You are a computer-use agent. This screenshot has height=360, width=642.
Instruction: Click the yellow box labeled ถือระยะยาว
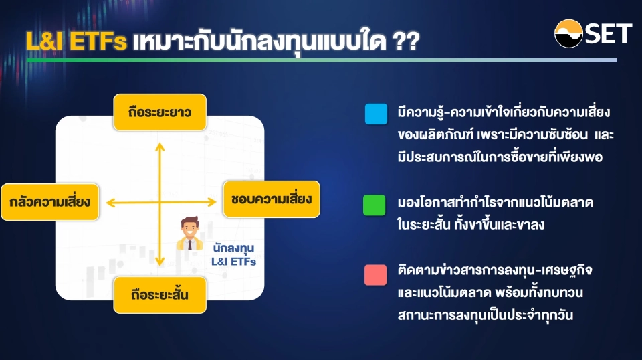click(160, 112)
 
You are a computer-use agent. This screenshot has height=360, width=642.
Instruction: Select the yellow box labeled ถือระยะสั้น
click(160, 294)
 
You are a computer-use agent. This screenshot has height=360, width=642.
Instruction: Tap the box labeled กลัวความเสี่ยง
click(49, 201)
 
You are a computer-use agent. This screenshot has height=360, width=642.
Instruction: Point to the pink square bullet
click(376, 275)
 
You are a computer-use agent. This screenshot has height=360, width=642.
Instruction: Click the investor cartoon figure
click(190, 234)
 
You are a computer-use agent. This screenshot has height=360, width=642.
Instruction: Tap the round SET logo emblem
click(568, 33)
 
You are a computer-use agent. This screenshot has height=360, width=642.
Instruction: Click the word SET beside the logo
click(608, 33)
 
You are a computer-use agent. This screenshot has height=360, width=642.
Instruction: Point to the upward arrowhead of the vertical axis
click(160, 142)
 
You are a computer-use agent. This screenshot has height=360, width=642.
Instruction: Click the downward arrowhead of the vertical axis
click(160, 262)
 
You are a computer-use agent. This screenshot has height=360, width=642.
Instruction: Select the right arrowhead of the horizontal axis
click(212, 201)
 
